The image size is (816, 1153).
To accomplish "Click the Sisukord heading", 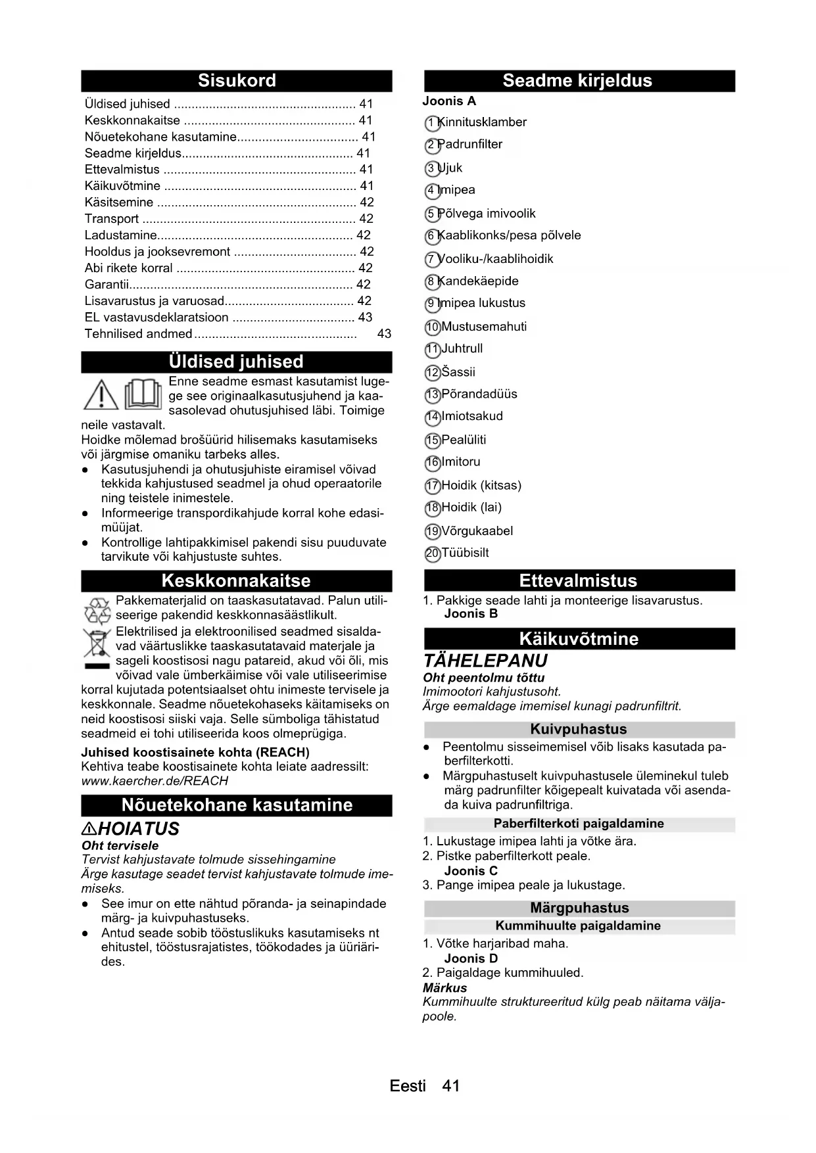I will click(x=237, y=81).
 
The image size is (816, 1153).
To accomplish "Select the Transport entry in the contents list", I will click(x=112, y=219).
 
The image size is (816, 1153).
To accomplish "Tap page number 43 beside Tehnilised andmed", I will click(x=384, y=334).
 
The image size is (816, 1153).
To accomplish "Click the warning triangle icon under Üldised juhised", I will click(x=101, y=396).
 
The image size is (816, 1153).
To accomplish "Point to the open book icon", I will click(x=143, y=394).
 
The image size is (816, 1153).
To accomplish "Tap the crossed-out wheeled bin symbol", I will click(x=97, y=645).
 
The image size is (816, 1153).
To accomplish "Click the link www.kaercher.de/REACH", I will click(x=155, y=781).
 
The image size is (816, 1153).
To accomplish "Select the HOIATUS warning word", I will click(x=138, y=829).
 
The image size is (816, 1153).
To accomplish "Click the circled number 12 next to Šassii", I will click(x=432, y=373).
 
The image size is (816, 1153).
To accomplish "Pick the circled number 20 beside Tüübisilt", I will click(x=432, y=553).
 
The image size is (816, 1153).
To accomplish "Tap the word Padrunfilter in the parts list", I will click(x=472, y=145).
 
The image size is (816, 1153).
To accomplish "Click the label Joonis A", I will click(x=449, y=101).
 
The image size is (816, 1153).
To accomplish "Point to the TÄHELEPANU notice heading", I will click(x=485, y=661).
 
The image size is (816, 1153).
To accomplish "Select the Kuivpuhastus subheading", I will click(x=579, y=729).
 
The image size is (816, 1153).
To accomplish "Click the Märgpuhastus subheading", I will click(x=579, y=908).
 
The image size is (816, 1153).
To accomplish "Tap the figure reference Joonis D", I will click(x=471, y=958).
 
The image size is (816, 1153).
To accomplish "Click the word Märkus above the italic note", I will click(x=445, y=988).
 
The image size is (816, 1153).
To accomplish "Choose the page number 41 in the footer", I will click(x=451, y=1086).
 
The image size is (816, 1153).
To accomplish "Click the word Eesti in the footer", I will click(x=408, y=1086).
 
